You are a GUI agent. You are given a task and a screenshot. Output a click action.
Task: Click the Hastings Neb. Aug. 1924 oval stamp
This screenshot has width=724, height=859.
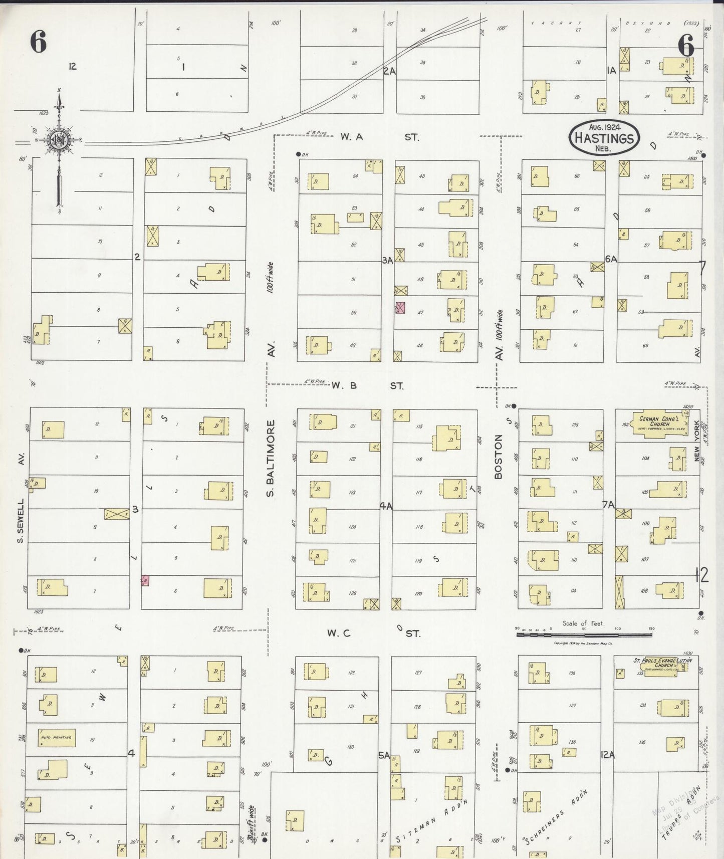coord(604,137)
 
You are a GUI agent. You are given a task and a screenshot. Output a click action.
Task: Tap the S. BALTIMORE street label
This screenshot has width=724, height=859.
coord(270,459)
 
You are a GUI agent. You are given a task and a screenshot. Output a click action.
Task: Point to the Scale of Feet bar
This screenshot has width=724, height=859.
coord(584,634)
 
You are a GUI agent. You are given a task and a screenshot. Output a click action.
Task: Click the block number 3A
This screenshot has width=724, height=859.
coord(387,260)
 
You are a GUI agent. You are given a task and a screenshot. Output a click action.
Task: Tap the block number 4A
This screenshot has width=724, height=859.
coord(386,507)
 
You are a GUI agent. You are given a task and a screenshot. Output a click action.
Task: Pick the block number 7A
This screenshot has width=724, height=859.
coord(608,505)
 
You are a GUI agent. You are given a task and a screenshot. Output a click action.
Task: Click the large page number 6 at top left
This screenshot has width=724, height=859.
coord(38,42)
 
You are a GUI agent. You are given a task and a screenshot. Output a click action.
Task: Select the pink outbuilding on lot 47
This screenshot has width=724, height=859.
coord(400,308)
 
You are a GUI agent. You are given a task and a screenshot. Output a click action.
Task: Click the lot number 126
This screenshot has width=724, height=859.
coord(353,593)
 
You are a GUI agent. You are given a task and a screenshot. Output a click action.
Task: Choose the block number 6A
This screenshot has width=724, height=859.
coord(611,259)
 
